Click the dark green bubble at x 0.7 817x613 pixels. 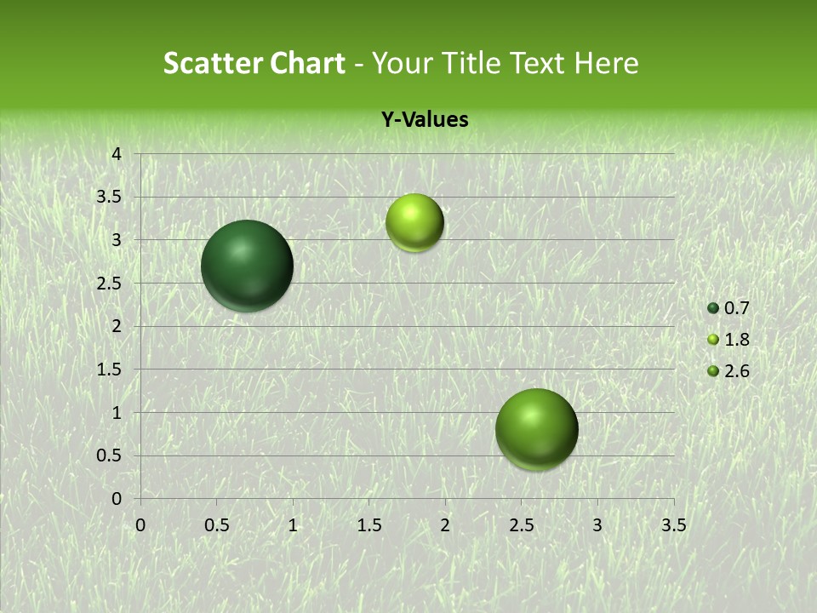tap(247, 266)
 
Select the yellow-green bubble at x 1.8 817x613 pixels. tap(414, 223)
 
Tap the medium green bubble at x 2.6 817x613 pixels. tap(536, 429)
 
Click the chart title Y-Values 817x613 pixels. tap(425, 120)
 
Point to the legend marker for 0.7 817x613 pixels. tap(713, 308)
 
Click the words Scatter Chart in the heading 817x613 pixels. tap(254, 63)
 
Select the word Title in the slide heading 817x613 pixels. tap(473, 63)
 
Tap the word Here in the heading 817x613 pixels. tap(606, 63)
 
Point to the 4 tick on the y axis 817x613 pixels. tap(117, 154)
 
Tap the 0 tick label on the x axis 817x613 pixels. tap(140, 525)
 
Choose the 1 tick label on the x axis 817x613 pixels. tap(293, 525)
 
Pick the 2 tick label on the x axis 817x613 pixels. tap(445, 525)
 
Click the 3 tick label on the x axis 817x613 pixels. tap(597, 525)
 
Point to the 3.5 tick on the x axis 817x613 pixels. tap(673, 525)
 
